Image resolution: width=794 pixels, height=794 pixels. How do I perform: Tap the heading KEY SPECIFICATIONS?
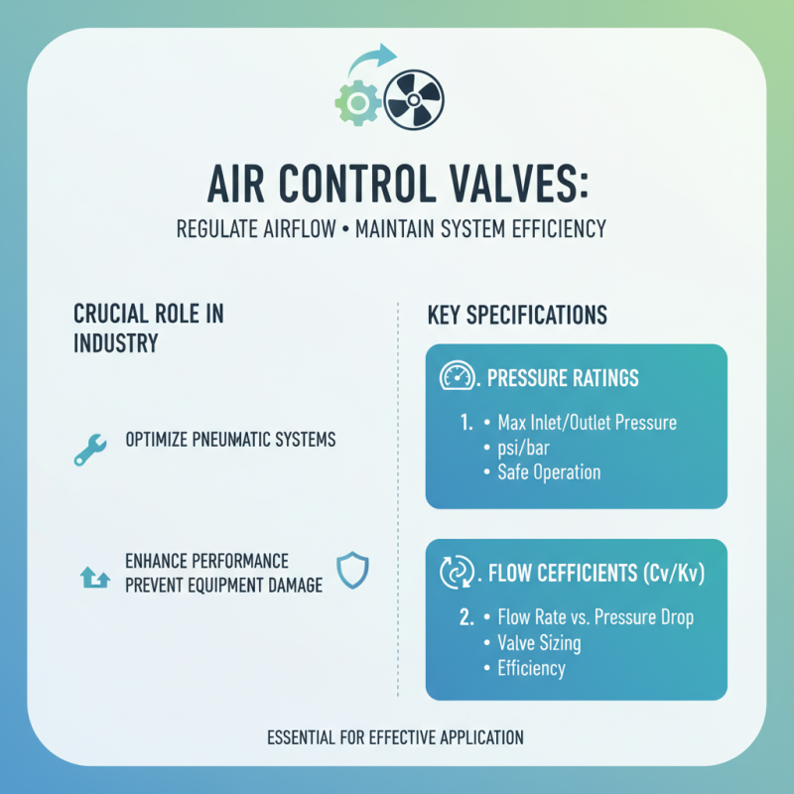tap(516, 316)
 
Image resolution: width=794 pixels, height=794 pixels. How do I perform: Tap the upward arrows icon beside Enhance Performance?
tap(92, 575)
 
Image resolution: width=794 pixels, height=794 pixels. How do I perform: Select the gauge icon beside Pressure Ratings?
tap(455, 377)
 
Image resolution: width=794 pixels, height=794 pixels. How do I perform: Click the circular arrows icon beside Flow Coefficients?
tap(455, 572)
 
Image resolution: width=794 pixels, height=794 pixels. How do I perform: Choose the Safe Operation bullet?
tap(548, 471)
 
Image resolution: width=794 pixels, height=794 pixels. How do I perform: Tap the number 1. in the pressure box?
tap(465, 423)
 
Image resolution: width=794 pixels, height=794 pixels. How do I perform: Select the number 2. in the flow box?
tap(465, 617)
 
